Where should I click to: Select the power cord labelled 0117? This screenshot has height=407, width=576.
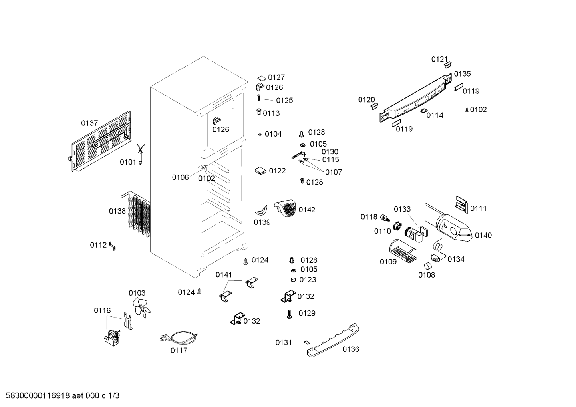pos(179,337)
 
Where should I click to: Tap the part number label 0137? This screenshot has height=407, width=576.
pos(89,123)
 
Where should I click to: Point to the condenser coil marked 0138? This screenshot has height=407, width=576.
pos(136,213)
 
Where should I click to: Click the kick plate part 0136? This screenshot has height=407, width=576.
pos(333,340)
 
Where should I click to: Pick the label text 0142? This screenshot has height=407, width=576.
pos(307,210)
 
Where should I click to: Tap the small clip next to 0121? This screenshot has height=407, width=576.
pos(448,65)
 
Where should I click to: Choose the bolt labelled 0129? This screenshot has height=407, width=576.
pos(290,314)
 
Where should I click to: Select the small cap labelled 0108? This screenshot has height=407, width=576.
pos(428,266)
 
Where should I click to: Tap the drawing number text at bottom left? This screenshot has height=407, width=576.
pos(62,395)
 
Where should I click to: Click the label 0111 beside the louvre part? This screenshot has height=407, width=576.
pos(478,208)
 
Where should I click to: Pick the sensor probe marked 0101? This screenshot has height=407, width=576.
pos(141,154)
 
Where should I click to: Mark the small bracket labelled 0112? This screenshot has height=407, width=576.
pos(112,246)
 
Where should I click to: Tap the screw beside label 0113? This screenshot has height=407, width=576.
pos(259,112)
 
